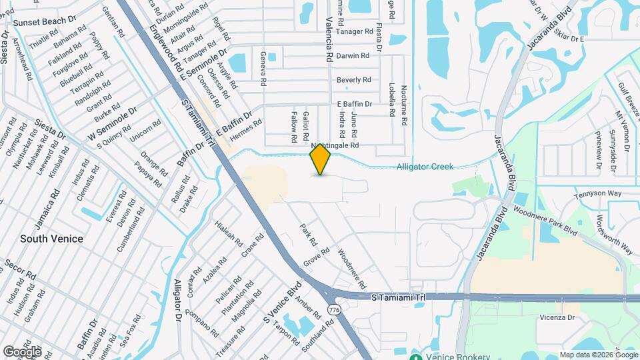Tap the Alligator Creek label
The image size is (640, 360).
point(425,167)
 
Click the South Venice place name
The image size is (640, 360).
point(51,238)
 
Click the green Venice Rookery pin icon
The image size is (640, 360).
point(416,356)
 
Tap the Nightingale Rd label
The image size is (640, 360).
point(335,145)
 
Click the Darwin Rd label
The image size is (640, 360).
point(353,56)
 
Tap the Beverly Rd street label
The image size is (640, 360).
point(353,80)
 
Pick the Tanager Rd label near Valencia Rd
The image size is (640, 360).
point(354,31)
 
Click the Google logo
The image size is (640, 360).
point(22,351)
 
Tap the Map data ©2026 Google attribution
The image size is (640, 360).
point(598,355)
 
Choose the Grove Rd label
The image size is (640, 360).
point(316,256)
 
